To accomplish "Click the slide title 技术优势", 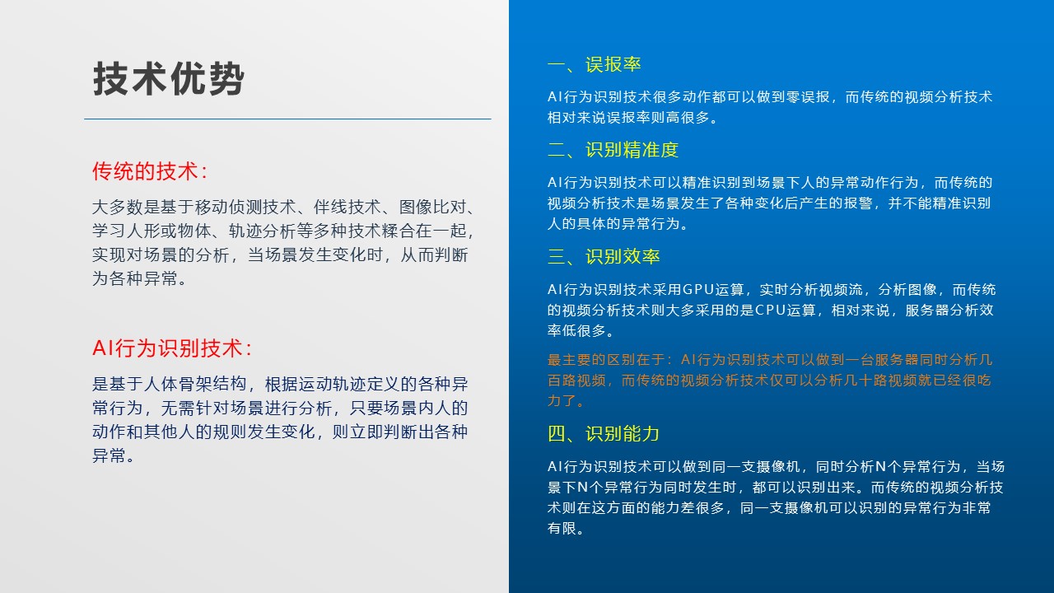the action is coord(169,78).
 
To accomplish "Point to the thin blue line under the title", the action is coord(287,119).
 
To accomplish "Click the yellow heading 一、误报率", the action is coord(595,64).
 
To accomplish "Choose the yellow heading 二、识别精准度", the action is coord(613,150).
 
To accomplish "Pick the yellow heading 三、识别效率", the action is coord(604,256).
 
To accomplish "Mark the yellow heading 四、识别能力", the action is coord(604,434).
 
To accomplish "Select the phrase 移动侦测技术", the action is coord(245,207).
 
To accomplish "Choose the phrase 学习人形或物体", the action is coord(152,231).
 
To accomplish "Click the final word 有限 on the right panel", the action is coord(562,529).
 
